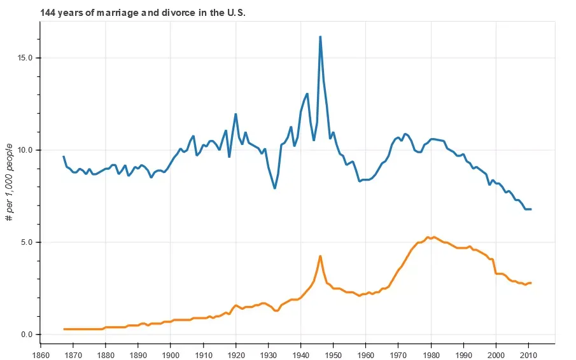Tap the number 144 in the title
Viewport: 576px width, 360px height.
(x=48, y=13)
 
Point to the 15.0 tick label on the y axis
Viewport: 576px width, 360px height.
(x=25, y=58)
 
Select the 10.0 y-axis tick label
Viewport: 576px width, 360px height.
(x=25, y=150)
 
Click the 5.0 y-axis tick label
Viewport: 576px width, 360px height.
(x=27, y=242)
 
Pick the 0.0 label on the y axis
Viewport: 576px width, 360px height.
(x=27, y=335)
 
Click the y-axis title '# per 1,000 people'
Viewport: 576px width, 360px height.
(x=10, y=183)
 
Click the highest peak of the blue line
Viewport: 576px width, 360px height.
(x=320, y=37)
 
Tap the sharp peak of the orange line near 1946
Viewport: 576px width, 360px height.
(x=320, y=256)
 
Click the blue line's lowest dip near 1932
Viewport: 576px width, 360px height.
(x=275, y=188)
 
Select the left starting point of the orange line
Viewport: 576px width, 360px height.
(x=64, y=329)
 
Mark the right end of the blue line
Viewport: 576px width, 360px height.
(x=531, y=209)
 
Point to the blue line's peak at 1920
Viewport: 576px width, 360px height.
(x=236, y=114)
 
